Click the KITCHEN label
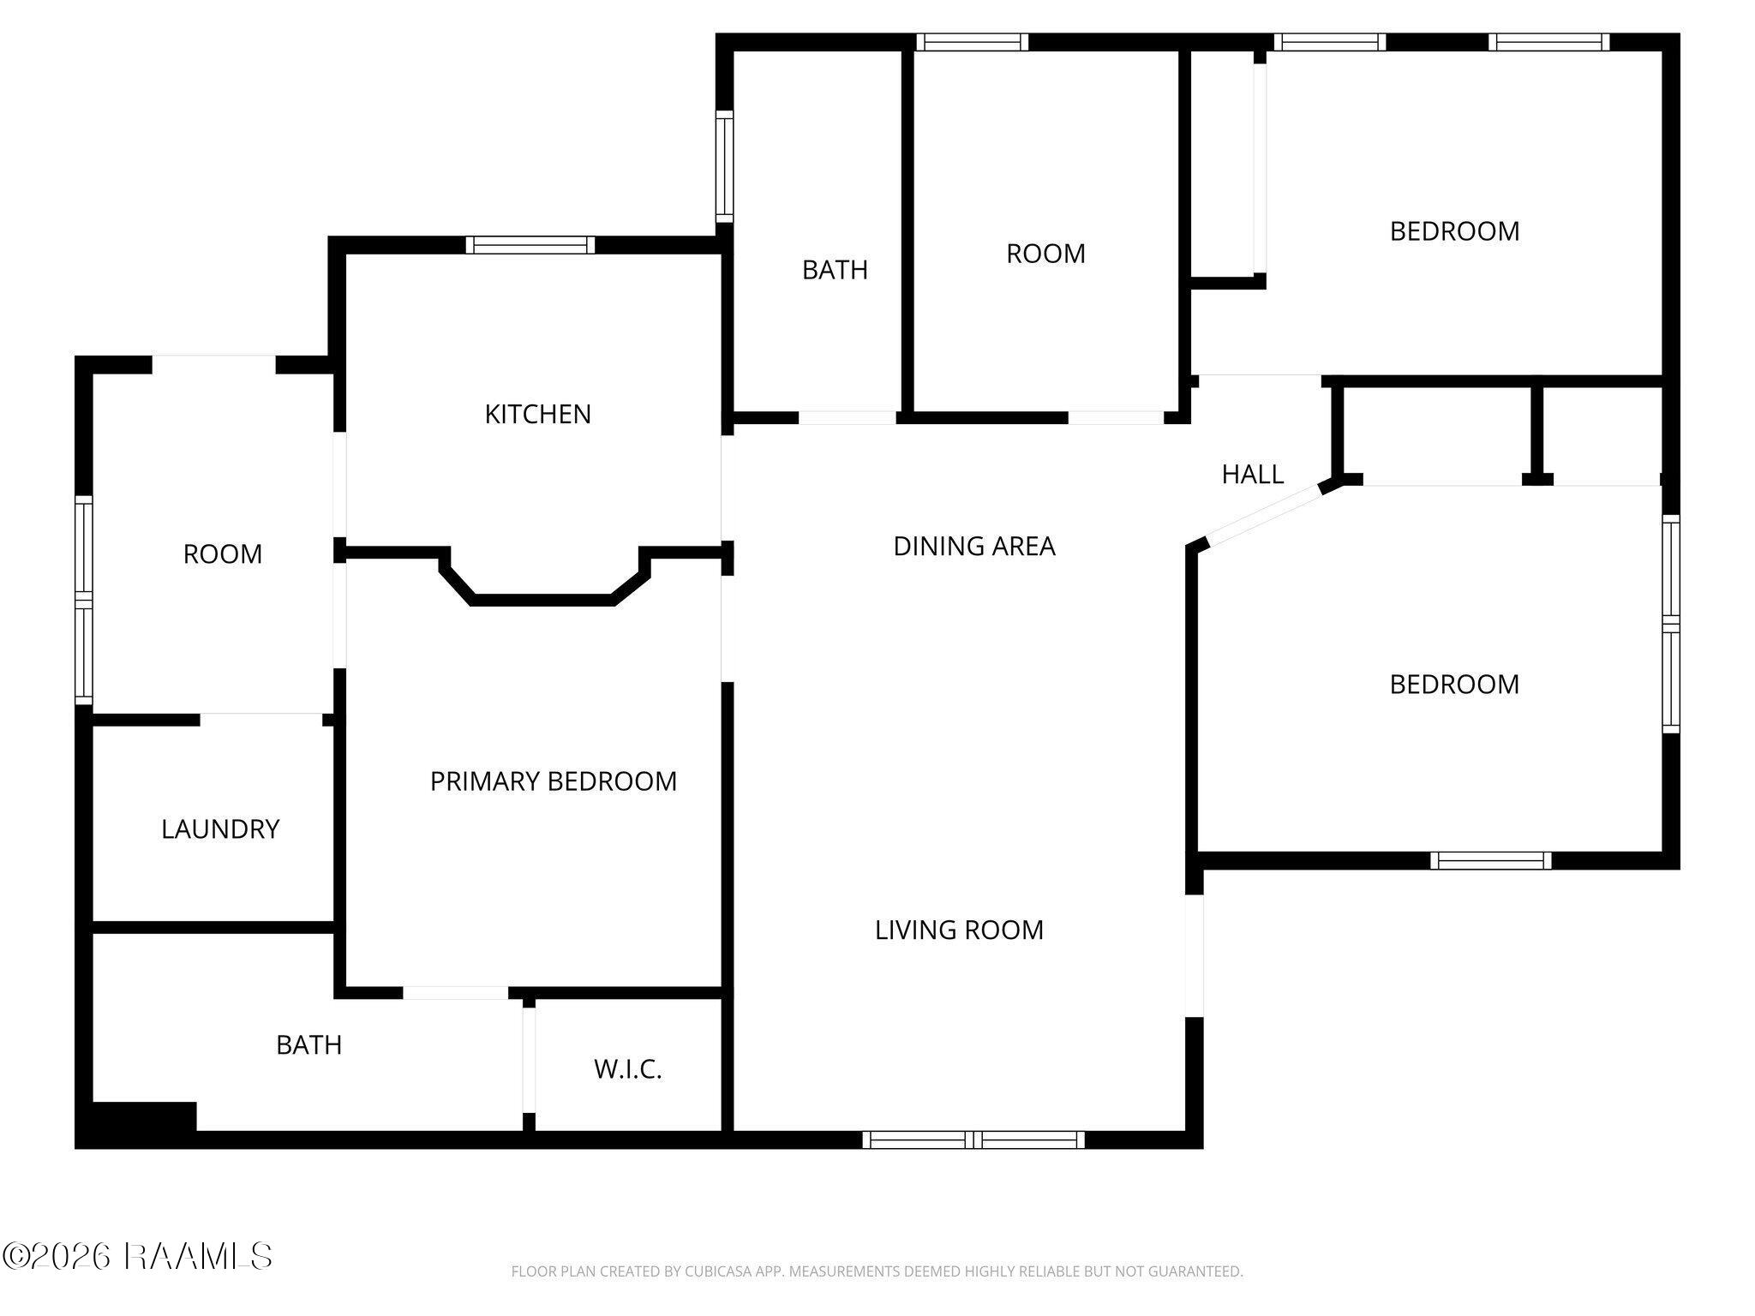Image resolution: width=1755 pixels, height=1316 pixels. point(537,415)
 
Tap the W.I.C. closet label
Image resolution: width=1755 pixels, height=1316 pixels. point(627,1069)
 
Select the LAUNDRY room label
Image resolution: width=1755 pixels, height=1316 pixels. point(220,828)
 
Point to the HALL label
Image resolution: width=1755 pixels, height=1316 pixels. point(1252,474)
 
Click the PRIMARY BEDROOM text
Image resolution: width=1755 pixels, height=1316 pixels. point(553,781)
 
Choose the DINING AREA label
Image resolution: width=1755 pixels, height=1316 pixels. point(973,546)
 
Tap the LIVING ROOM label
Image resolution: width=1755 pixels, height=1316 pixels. point(959,930)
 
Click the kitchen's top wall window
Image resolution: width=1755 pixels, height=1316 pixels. point(530,245)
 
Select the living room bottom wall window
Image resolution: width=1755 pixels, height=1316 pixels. point(973,1140)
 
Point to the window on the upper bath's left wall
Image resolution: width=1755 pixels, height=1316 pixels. point(724,166)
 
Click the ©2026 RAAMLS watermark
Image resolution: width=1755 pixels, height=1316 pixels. point(137,1257)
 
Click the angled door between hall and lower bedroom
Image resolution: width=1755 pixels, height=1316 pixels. point(1263,515)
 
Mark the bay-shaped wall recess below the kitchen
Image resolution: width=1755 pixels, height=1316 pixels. point(542,583)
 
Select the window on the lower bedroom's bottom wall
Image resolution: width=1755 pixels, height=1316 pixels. point(1490,860)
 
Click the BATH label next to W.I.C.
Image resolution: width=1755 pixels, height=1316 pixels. point(308,1045)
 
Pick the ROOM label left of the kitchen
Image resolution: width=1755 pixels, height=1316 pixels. point(222,554)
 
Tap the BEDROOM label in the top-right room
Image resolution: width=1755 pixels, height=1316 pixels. point(1454,231)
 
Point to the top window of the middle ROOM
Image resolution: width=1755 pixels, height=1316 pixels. point(972,42)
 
